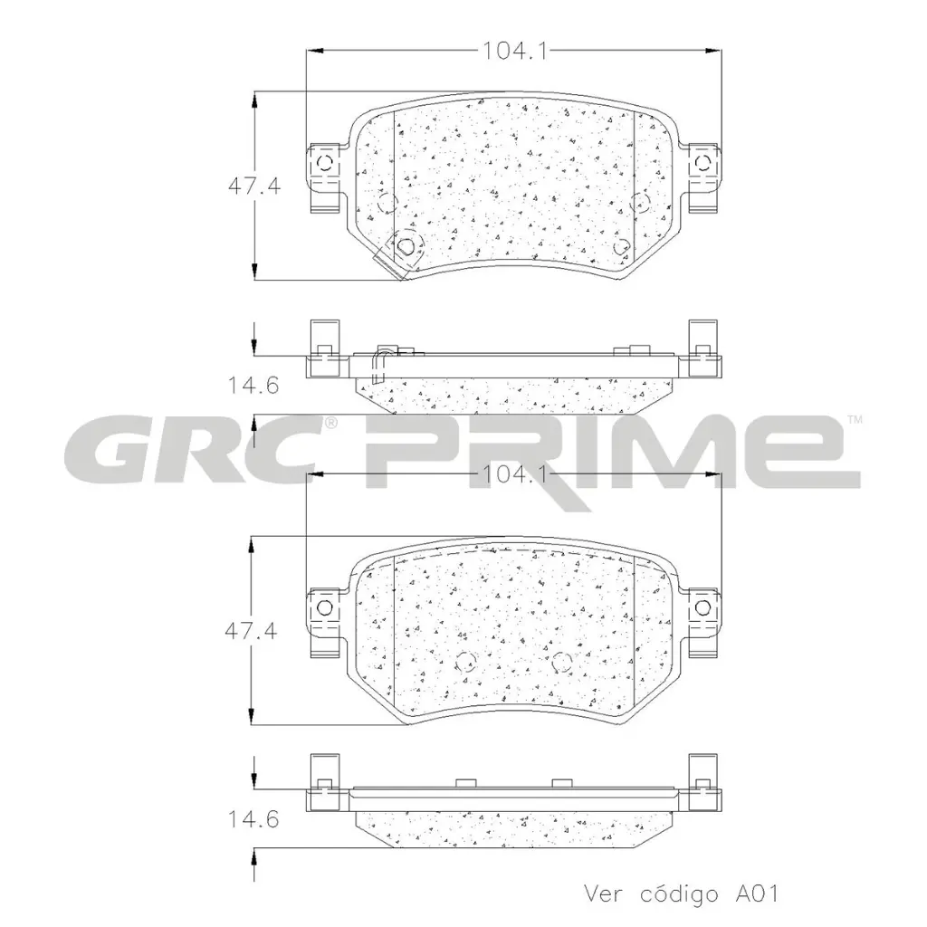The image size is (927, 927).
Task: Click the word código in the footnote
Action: click(671, 894)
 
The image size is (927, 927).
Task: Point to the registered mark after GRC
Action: click(332, 423)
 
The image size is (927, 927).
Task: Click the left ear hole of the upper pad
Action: click(326, 163)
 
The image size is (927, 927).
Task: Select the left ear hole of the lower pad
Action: click(326, 607)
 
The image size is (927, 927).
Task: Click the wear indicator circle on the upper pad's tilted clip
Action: click(406, 246)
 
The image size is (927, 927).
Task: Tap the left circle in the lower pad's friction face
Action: click(465, 660)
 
